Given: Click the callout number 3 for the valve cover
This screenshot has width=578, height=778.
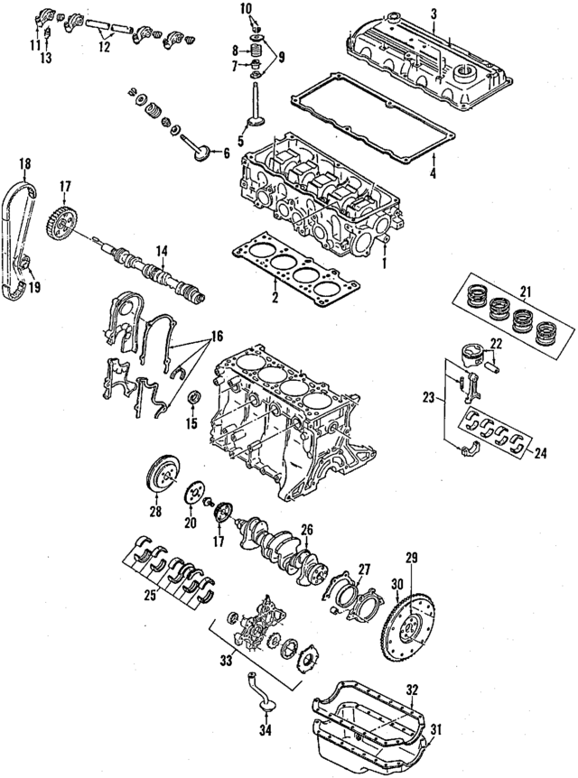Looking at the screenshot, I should pyautogui.click(x=433, y=13).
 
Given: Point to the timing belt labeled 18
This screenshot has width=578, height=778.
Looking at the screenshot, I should pyautogui.click(x=20, y=235).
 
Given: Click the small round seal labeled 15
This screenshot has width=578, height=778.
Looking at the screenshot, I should pyautogui.click(x=193, y=398).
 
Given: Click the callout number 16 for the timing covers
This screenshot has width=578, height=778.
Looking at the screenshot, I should pyautogui.click(x=214, y=336).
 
